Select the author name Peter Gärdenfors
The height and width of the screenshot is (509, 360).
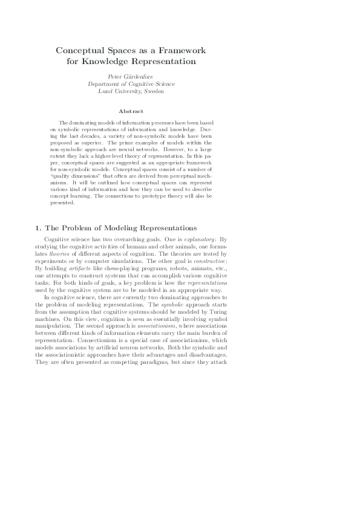coord(131,77)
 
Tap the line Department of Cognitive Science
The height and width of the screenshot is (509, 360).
coord(131,84)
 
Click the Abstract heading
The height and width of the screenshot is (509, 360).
coord(131,112)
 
